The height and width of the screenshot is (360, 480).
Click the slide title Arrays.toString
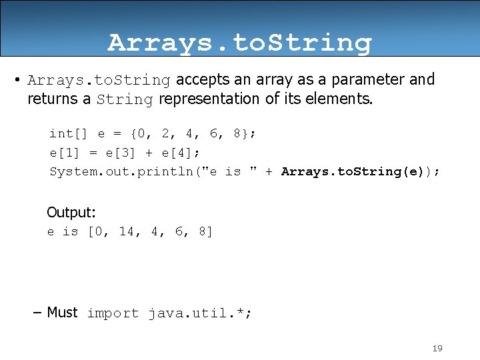tap(239, 43)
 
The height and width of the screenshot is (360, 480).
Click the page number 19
tap(437, 348)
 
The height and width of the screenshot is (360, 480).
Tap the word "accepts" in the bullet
tap(200, 79)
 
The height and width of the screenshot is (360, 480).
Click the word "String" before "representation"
tap(125, 99)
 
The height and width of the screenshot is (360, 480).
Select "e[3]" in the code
tap(120, 153)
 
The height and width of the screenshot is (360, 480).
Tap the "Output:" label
tap(71, 213)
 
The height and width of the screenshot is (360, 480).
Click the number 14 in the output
tap(127, 232)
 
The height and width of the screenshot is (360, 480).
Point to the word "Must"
tap(62, 312)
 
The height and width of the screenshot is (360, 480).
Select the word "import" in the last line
tap(113, 313)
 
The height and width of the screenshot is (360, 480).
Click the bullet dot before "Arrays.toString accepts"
tap(15, 81)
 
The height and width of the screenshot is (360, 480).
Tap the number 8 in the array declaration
tap(237, 133)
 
